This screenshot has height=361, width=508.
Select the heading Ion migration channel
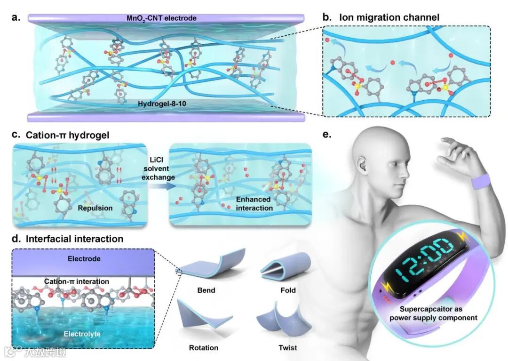point(389,17)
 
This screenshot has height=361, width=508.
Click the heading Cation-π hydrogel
point(65,135)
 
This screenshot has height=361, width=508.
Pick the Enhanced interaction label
point(254,204)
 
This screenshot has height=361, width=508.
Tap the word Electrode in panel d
point(84,258)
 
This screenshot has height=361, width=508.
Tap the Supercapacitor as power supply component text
point(437,313)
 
